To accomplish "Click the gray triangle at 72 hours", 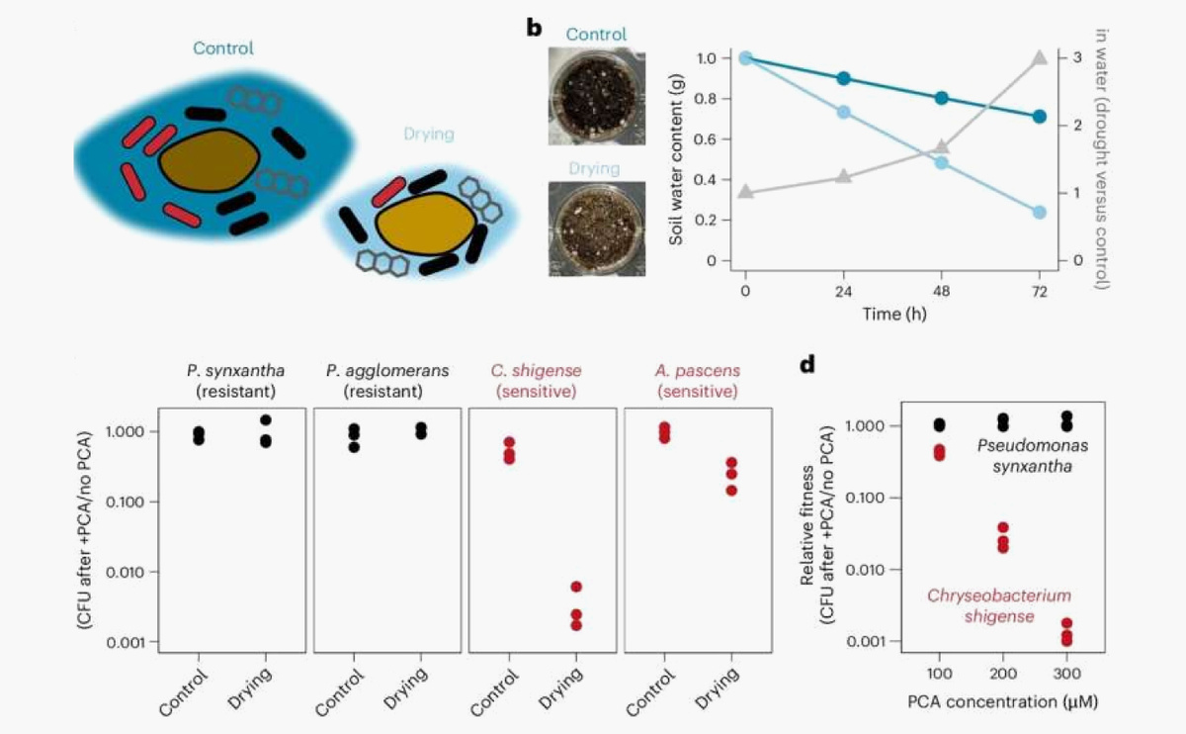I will coord(1039,58).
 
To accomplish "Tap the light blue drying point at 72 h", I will coord(1039,213).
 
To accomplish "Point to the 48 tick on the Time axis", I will coord(941,293).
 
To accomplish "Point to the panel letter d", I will coord(807,363).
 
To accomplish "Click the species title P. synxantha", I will coord(231,372).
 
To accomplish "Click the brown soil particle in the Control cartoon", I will coord(210,161).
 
